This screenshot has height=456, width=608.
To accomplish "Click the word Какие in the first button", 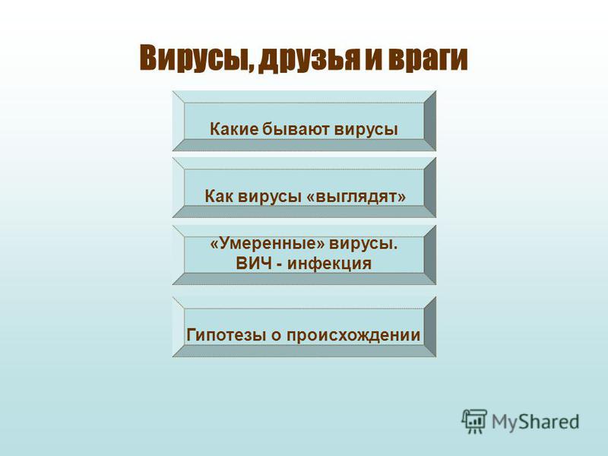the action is click(234, 128).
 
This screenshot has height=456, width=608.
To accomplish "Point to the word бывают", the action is click(296, 128).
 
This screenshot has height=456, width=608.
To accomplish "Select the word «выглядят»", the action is click(356, 197).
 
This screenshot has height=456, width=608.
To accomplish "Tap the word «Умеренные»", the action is click(267, 244).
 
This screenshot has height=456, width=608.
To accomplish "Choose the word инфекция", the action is click(329, 264).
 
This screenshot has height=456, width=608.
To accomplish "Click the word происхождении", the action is click(353, 335).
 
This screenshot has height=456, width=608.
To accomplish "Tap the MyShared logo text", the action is click(535, 422).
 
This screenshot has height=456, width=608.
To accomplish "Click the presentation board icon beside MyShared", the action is click(473, 421).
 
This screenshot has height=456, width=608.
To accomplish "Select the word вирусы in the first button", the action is click(366, 129).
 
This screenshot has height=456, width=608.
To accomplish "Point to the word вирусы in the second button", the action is click(270, 197).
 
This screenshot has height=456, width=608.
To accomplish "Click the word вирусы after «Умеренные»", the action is click(364, 245).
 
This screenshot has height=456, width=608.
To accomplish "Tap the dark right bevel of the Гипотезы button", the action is click(430, 327).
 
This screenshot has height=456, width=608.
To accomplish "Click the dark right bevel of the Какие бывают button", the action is click(430, 121).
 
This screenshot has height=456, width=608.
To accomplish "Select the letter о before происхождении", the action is click(276, 335).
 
